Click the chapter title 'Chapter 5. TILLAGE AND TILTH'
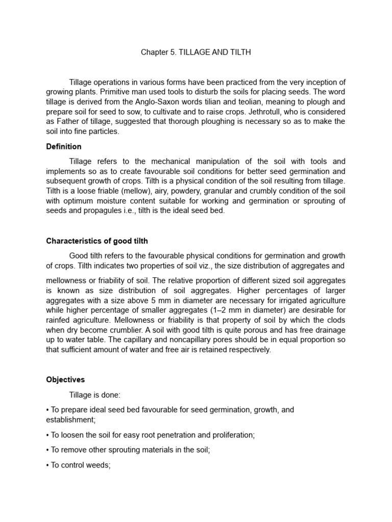click(x=196, y=53)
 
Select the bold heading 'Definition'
click(x=64, y=147)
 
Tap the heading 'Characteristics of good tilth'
click(x=97, y=241)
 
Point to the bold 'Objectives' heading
click(x=65, y=380)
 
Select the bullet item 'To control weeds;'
click(x=80, y=465)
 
